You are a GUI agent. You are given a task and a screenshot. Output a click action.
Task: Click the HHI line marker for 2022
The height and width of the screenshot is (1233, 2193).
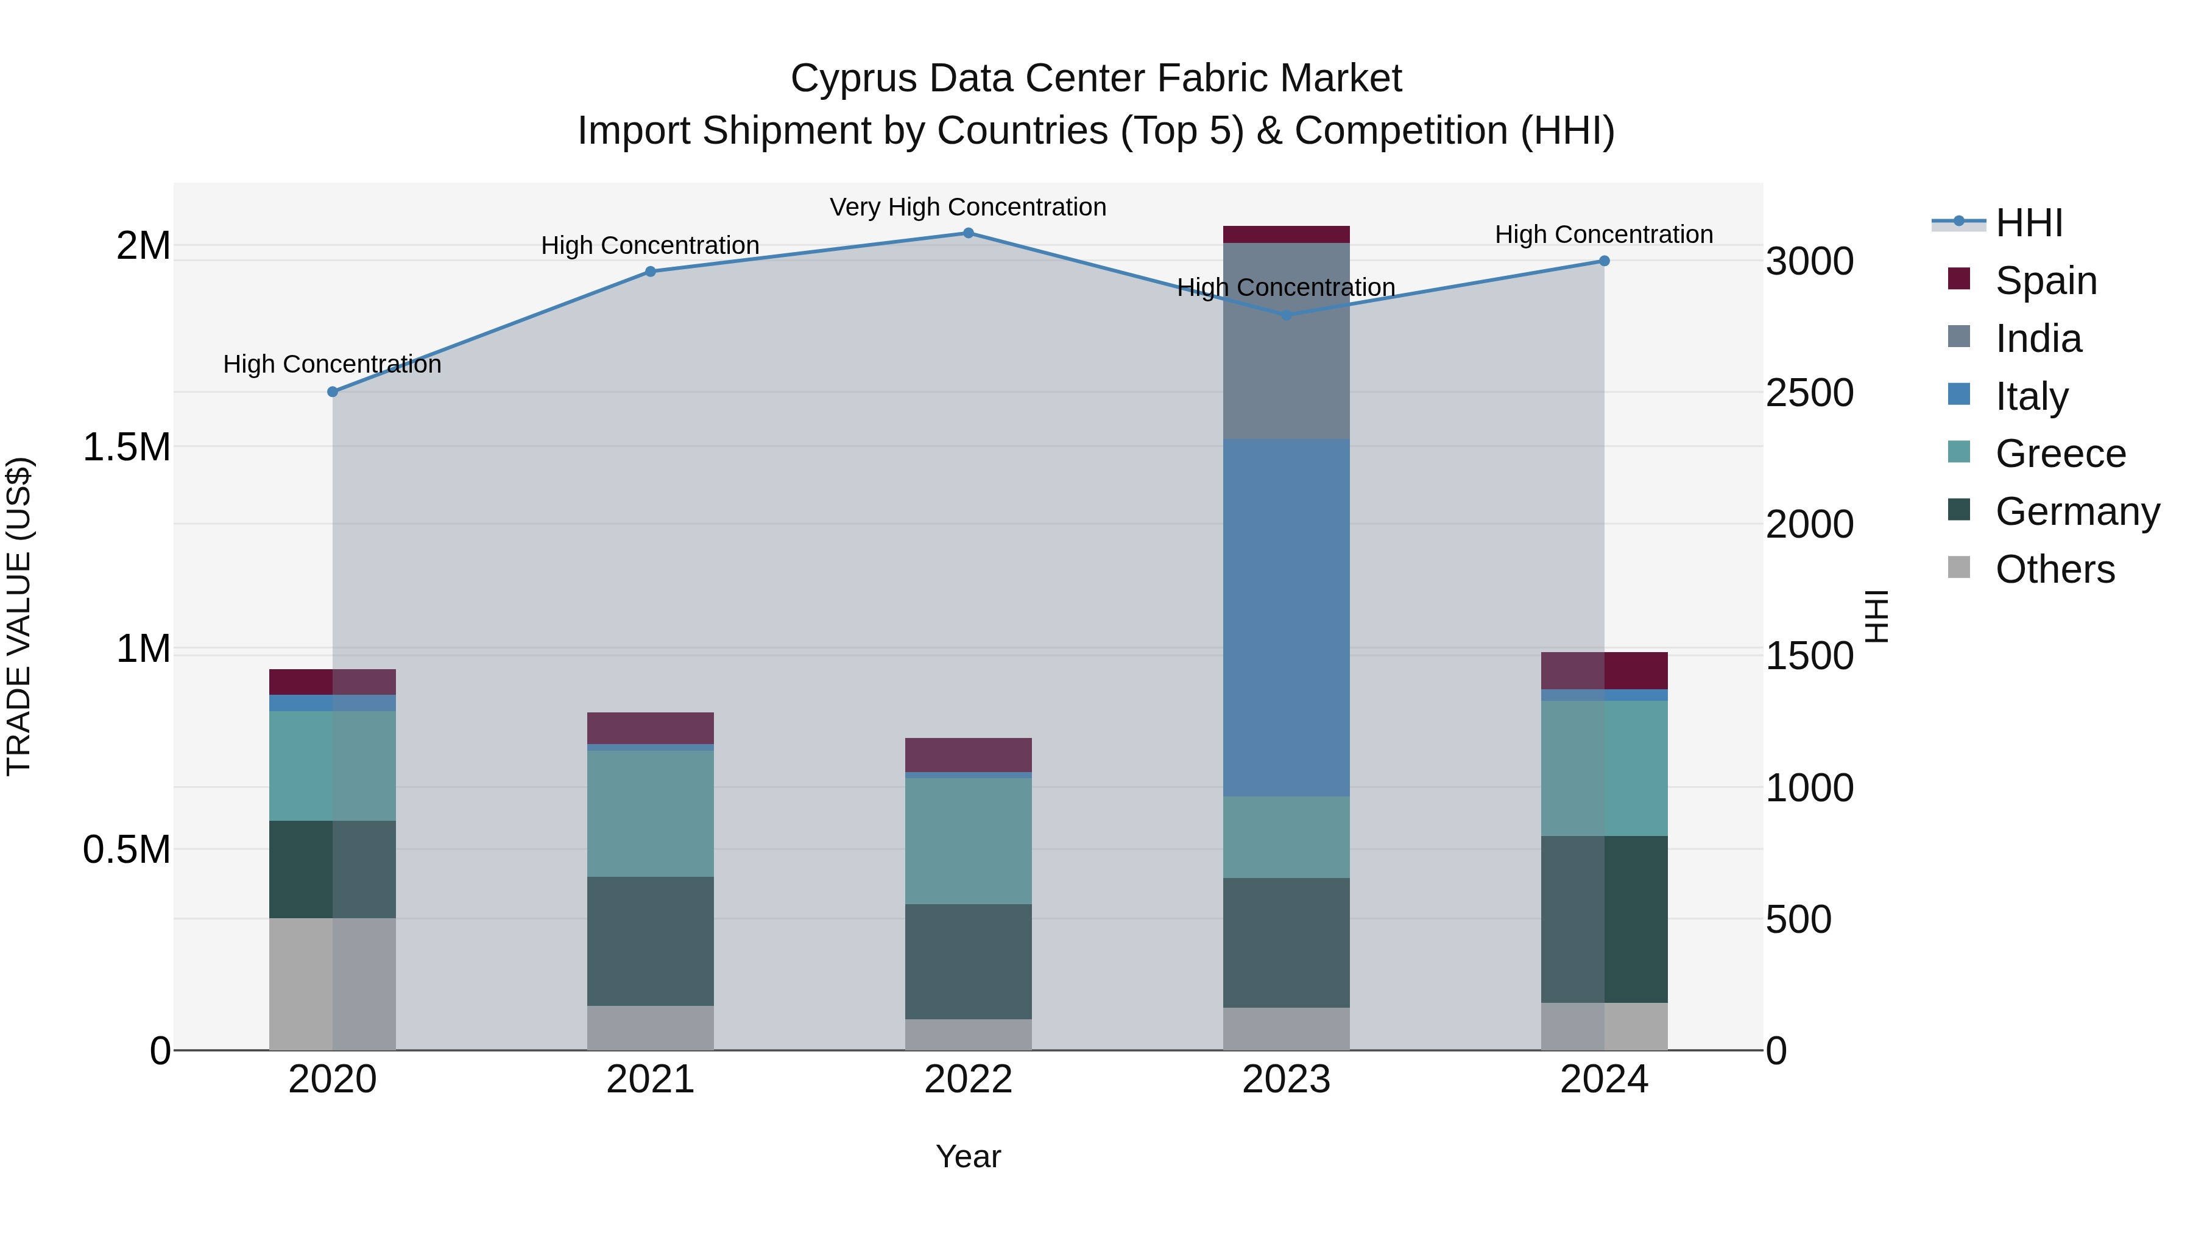tap(968, 233)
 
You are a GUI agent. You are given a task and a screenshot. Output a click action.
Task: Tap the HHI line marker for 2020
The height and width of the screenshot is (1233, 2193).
tap(333, 392)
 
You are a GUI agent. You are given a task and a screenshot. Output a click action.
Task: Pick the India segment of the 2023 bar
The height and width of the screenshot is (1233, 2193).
tap(1287, 340)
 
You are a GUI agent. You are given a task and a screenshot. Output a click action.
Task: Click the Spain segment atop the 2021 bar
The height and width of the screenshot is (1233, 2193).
tap(651, 728)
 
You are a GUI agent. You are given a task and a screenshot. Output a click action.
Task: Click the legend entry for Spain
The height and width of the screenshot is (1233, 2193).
tap(2045, 281)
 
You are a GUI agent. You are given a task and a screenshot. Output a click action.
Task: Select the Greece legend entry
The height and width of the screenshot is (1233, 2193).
tap(2060, 454)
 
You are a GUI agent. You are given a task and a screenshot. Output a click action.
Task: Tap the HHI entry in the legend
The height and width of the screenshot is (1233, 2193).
tap(2028, 223)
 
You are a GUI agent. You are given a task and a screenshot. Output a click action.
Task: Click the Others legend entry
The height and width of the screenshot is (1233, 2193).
tap(2054, 569)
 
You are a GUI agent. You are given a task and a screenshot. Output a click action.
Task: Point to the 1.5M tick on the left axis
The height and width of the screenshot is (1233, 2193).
tap(126, 447)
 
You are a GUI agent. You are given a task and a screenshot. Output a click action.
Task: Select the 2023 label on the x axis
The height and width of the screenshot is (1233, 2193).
tap(1287, 1079)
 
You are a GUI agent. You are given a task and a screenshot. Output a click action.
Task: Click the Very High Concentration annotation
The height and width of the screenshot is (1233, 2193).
tap(968, 207)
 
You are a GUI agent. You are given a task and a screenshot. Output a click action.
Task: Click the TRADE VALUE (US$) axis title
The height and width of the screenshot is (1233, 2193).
tap(19, 616)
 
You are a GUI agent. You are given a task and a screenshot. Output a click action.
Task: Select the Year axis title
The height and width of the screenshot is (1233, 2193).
tap(968, 1156)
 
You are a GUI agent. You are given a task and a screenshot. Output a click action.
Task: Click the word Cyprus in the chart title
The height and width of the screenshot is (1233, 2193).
tap(854, 79)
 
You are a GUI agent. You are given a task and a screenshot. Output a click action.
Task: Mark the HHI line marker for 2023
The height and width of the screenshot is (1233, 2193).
tap(1287, 315)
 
